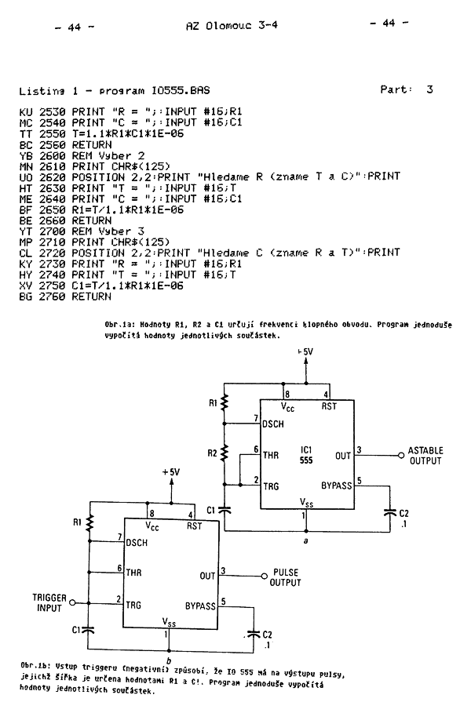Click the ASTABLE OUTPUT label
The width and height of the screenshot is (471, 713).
click(425, 456)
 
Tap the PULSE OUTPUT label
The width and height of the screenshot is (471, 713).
click(286, 577)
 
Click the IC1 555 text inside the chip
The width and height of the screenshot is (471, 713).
click(306, 456)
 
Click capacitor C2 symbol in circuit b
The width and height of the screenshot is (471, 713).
click(253, 631)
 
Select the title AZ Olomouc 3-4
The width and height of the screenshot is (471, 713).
click(232, 25)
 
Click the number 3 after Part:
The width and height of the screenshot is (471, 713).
click(429, 89)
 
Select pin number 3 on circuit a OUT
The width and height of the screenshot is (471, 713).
click(359, 449)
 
